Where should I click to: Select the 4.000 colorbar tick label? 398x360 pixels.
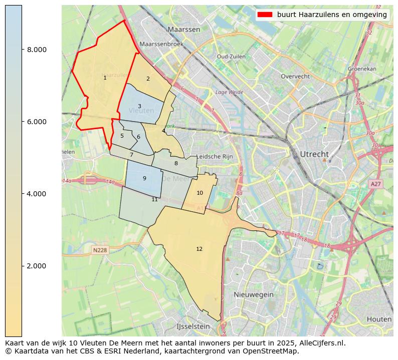(37, 194)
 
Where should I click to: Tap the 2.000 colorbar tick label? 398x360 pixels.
(37, 266)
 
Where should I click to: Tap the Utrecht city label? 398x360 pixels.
(314, 154)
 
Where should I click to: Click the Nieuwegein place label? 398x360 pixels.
(253, 295)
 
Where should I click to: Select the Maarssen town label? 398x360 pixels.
(184, 30)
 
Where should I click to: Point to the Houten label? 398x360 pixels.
(379, 319)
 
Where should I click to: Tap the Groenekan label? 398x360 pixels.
(362, 69)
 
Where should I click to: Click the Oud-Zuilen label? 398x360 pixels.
(231, 57)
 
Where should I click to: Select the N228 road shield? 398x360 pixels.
(100, 250)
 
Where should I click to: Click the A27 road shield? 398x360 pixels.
(375, 184)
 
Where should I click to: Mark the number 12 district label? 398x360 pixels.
(200, 249)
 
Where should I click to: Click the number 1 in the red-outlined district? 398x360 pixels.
(105, 78)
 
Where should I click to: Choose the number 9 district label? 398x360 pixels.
(144, 178)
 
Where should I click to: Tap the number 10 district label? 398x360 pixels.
(200, 193)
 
